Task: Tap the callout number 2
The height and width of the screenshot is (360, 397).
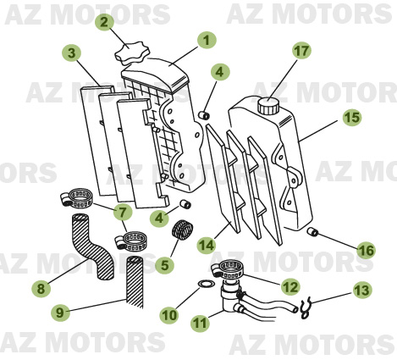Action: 104,22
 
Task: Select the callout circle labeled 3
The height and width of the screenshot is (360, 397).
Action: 74,53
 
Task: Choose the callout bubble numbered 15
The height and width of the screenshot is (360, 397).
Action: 350,117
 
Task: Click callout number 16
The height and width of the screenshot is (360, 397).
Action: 365,250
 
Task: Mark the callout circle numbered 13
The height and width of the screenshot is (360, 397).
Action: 361,291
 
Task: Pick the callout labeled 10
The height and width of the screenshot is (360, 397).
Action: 168,314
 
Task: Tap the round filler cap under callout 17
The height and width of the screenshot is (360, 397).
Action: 269,106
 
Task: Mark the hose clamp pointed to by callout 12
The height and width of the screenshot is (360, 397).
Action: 230,271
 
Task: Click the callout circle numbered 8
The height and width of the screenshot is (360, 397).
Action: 40,289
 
